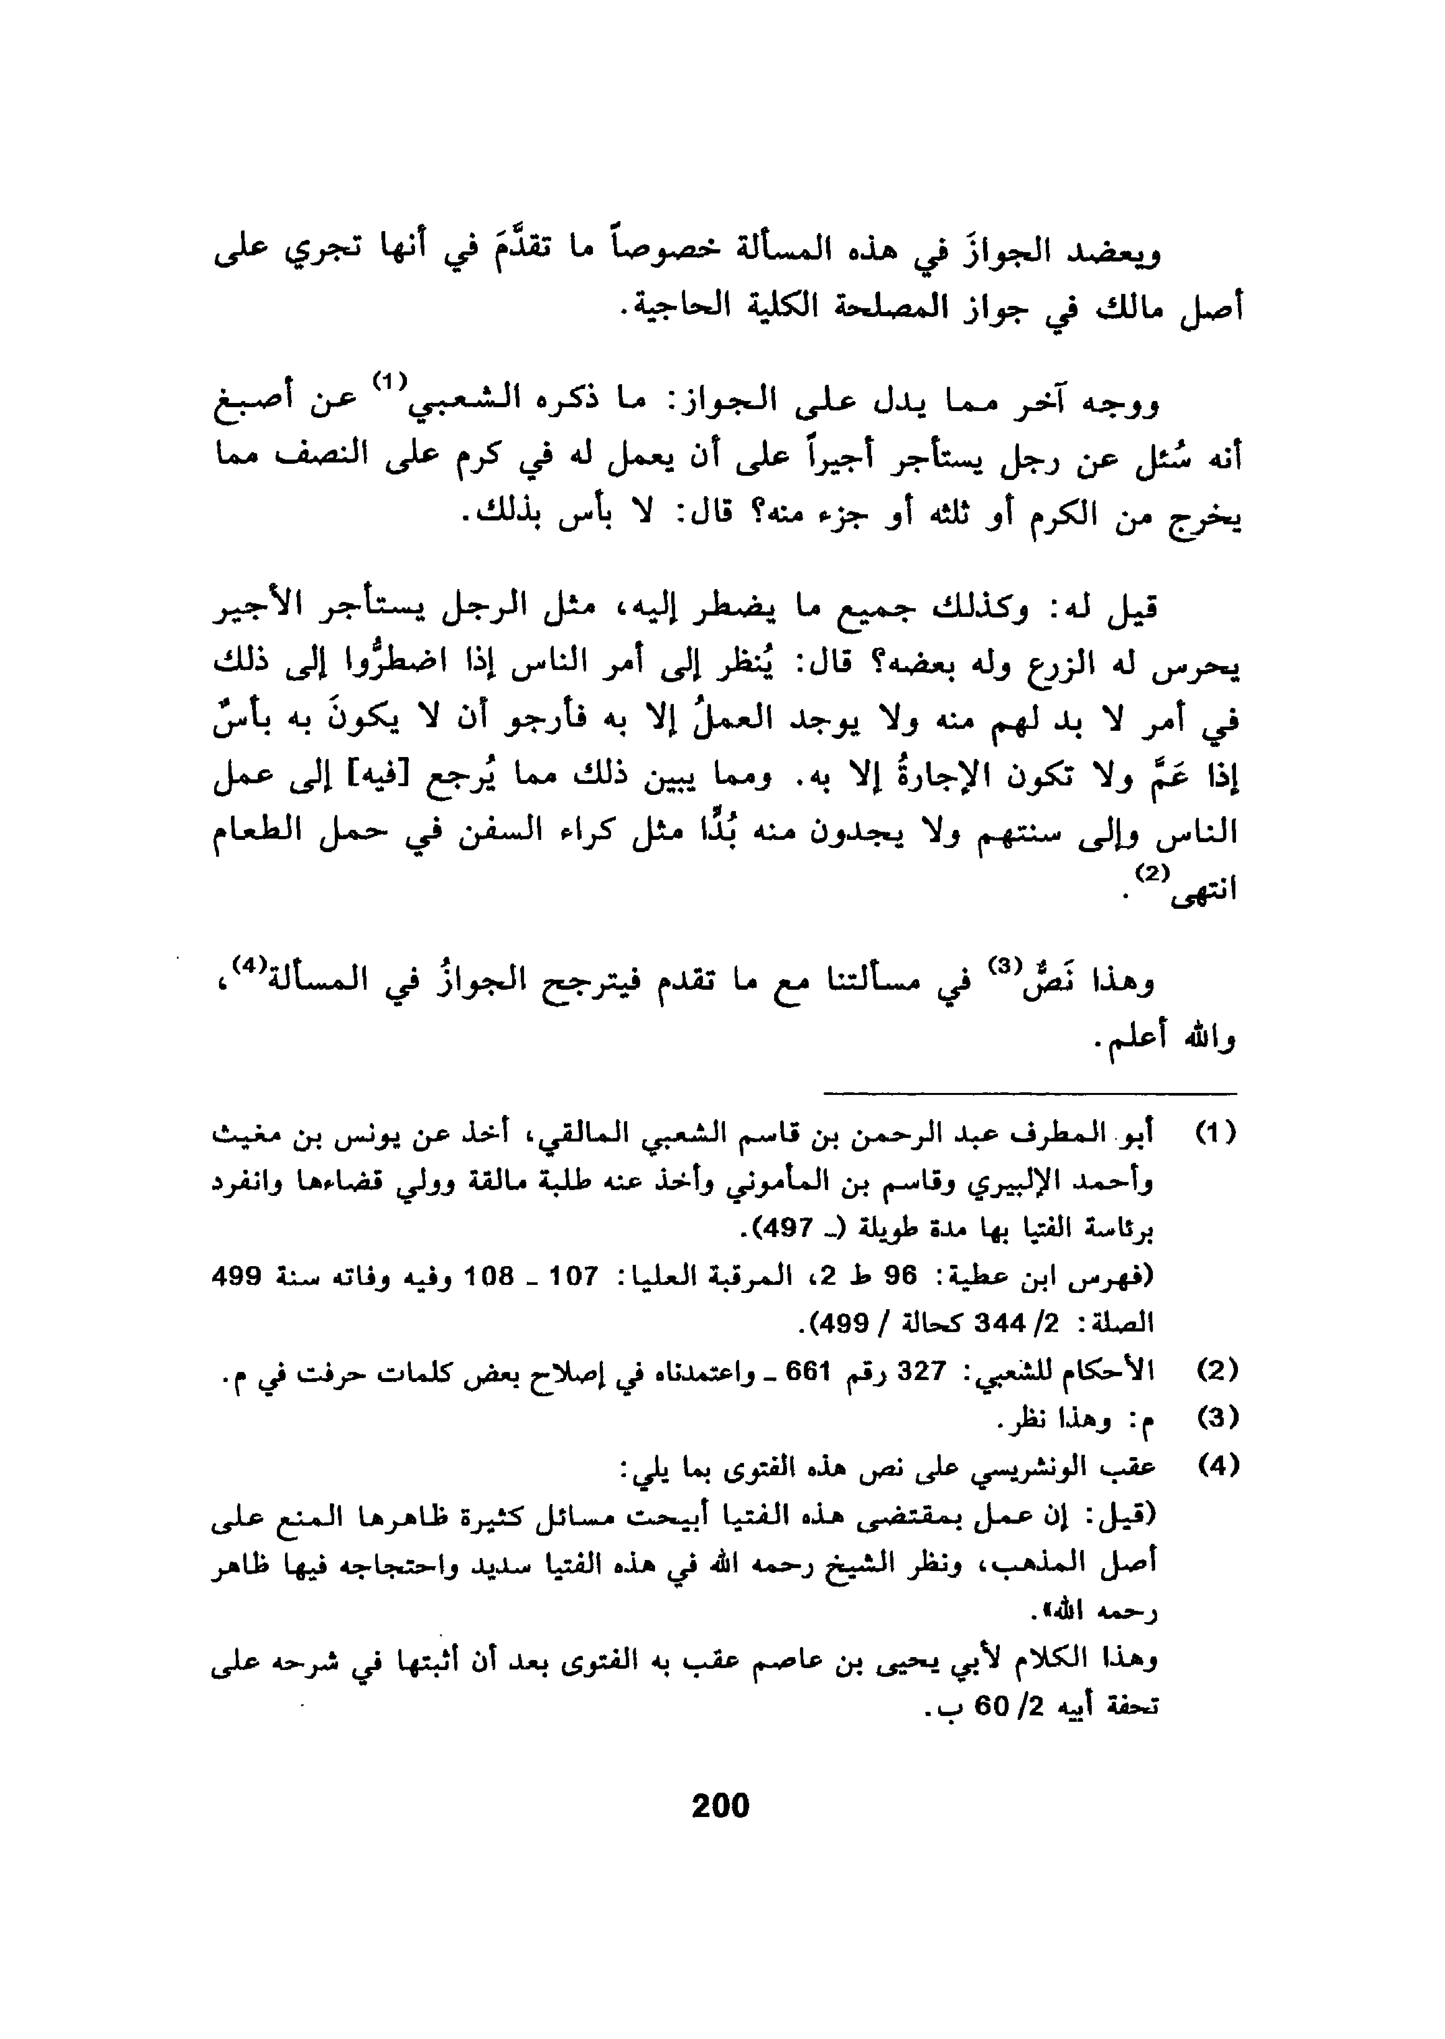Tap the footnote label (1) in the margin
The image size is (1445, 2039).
pyautogui.click(x=1215, y=1135)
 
